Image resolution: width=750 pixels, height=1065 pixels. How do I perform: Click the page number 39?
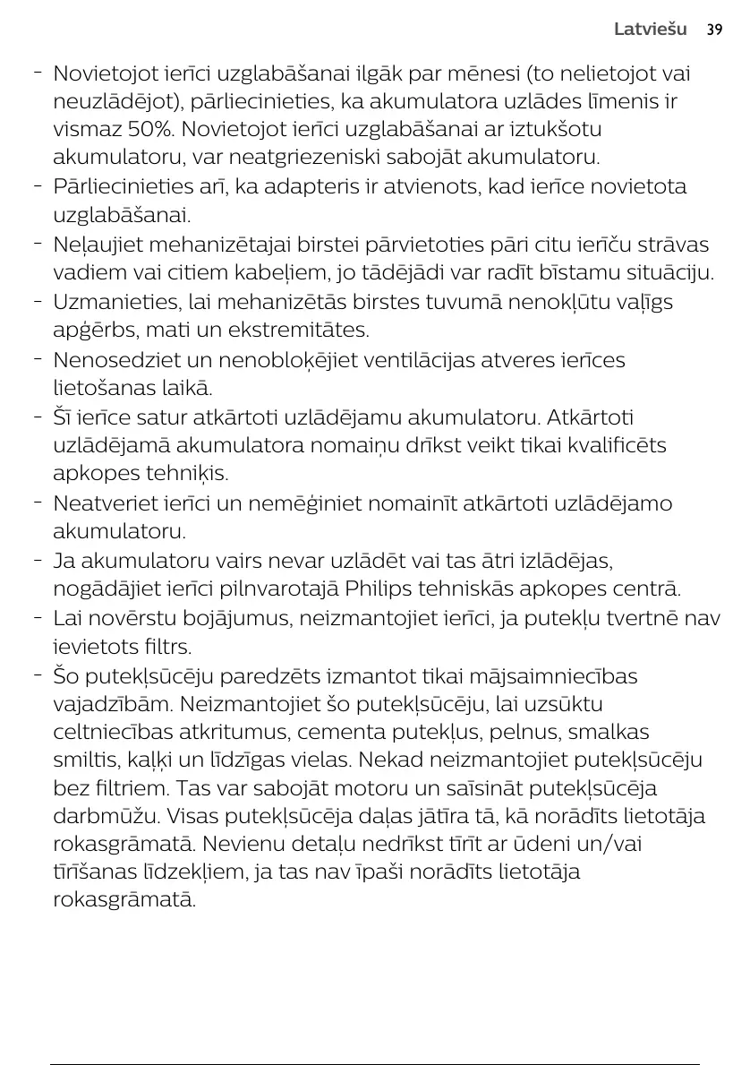[713, 30]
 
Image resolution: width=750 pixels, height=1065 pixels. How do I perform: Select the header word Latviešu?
[650, 30]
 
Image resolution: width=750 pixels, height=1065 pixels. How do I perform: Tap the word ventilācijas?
[424, 360]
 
